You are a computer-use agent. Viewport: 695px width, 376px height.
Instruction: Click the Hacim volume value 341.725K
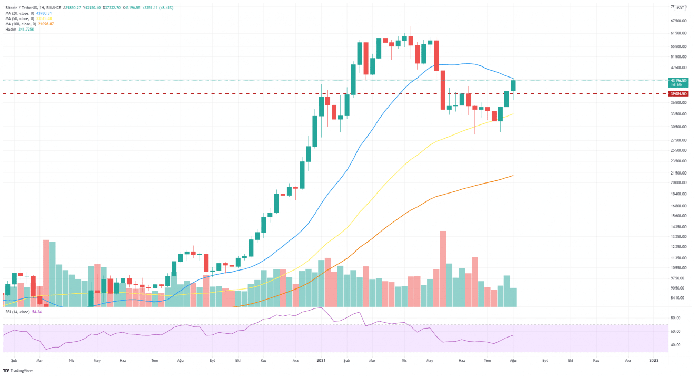(27, 29)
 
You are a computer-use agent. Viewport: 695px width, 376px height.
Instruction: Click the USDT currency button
(679, 8)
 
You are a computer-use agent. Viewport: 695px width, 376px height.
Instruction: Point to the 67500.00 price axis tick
(678, 21)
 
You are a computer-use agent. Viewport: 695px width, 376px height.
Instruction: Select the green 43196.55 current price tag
(677, 80)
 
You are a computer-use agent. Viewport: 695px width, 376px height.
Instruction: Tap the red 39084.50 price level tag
(677, 94)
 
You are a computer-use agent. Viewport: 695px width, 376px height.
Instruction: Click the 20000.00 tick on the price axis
(678, 182)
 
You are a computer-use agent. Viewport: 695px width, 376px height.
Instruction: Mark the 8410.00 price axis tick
(677, 298)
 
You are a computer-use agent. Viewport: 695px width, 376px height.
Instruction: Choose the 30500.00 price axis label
(678, 127)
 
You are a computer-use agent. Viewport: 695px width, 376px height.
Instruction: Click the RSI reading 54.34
(37, 312)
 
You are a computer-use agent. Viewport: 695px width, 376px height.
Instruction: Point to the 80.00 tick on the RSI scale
(675, 318)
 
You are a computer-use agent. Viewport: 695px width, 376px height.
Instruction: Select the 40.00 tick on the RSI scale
(675, 345)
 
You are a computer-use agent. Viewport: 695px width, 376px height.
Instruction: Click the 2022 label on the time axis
(653, 361)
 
